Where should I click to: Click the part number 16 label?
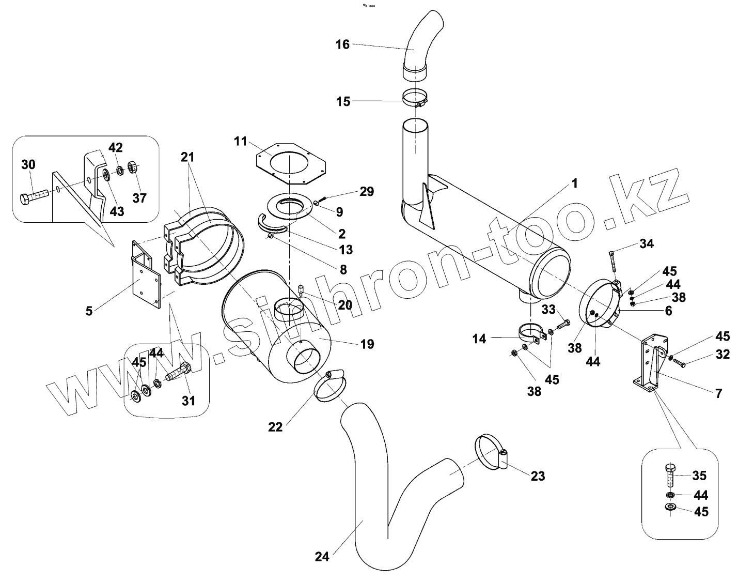tap(343, 44)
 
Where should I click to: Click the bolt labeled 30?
tap(34, 197)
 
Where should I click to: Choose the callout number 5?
tap(89, 311)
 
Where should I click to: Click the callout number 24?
tap(322, 557)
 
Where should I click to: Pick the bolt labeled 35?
tap(669, 474)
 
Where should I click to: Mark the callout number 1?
tap(575, 183)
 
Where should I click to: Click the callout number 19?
tap(367, 344)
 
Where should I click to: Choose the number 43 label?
tap(117, 211)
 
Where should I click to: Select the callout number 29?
tap(367, 192)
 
